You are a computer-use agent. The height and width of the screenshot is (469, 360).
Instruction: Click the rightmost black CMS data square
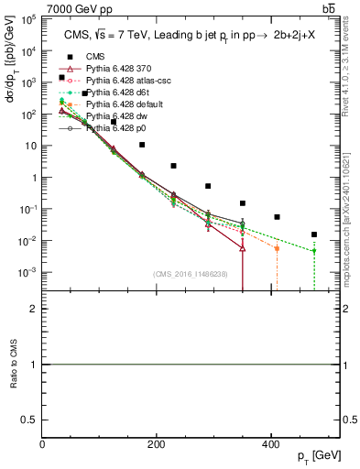point(314,234)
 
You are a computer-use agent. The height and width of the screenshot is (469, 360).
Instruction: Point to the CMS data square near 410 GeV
point(278,217)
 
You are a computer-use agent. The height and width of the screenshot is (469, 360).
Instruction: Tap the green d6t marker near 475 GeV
point(314,251)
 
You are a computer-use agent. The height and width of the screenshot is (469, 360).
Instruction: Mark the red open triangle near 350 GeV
point(243,248)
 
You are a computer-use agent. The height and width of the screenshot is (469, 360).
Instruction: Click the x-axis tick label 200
point(157,442)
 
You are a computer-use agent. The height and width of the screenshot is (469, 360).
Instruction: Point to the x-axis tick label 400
point(270,442)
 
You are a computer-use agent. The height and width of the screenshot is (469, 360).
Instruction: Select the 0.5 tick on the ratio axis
point(31,420)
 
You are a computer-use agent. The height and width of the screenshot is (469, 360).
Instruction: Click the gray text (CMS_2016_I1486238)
point(191,276)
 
